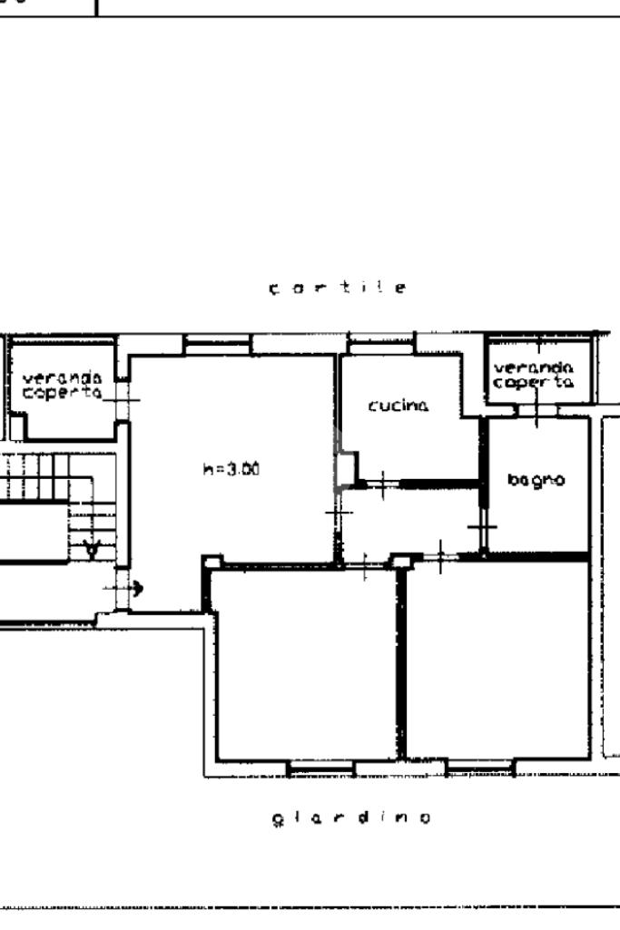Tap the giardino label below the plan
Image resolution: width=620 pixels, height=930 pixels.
tap(351, 817)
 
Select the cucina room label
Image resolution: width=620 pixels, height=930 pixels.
tap(399, 406)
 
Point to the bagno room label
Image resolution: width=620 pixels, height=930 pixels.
tap(536, 480)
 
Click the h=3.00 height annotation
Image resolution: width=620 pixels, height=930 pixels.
tap(231, 469)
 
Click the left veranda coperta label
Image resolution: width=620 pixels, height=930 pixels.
tap(63, 385)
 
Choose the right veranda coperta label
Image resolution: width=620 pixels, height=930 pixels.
tap(534, 376)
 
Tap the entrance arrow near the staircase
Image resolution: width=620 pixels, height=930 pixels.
tap(123, 588)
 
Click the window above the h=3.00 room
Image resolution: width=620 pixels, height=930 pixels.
tap(217, 344)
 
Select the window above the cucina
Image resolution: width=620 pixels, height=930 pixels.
tap(381, 343)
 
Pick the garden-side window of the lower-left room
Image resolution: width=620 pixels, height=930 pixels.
tap(320, 768)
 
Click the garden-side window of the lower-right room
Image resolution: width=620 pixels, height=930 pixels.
tap(480, 768)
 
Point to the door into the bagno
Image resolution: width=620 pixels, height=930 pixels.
tap(483, 527)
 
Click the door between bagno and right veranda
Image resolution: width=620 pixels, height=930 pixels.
tap(537, 410)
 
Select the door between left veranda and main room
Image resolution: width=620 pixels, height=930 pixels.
tap(122, 400)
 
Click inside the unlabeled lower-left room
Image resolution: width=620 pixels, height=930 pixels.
tap(305, 663)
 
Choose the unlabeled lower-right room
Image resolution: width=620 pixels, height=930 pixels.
tap(498, 660)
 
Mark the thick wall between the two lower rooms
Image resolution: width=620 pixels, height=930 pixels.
tap(401, 662)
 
